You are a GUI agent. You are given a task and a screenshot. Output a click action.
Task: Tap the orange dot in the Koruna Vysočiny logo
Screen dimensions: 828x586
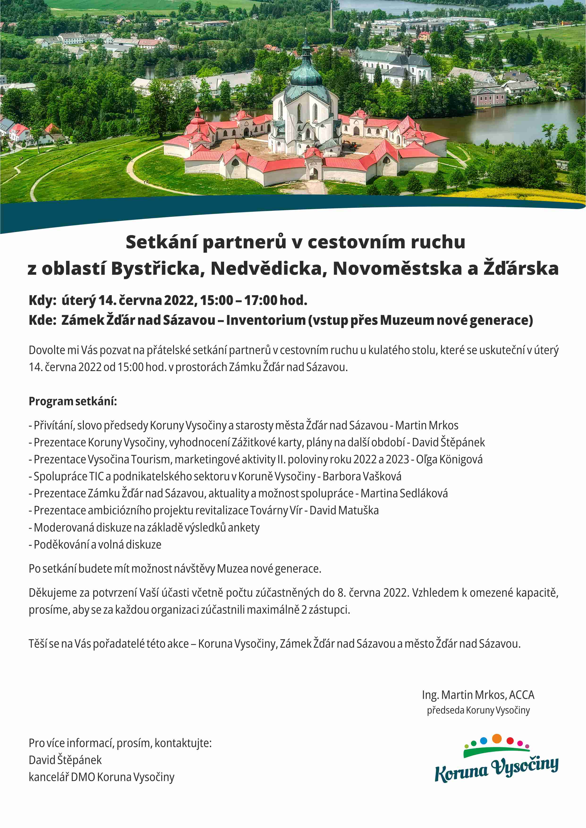pos(497,739)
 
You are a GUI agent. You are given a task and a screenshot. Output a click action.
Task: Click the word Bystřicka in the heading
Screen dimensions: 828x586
pos(155,269)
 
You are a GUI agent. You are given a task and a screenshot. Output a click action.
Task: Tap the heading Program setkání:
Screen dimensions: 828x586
pos(73,401)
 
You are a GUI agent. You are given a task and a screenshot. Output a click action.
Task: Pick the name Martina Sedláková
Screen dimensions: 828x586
pos(404,493)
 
